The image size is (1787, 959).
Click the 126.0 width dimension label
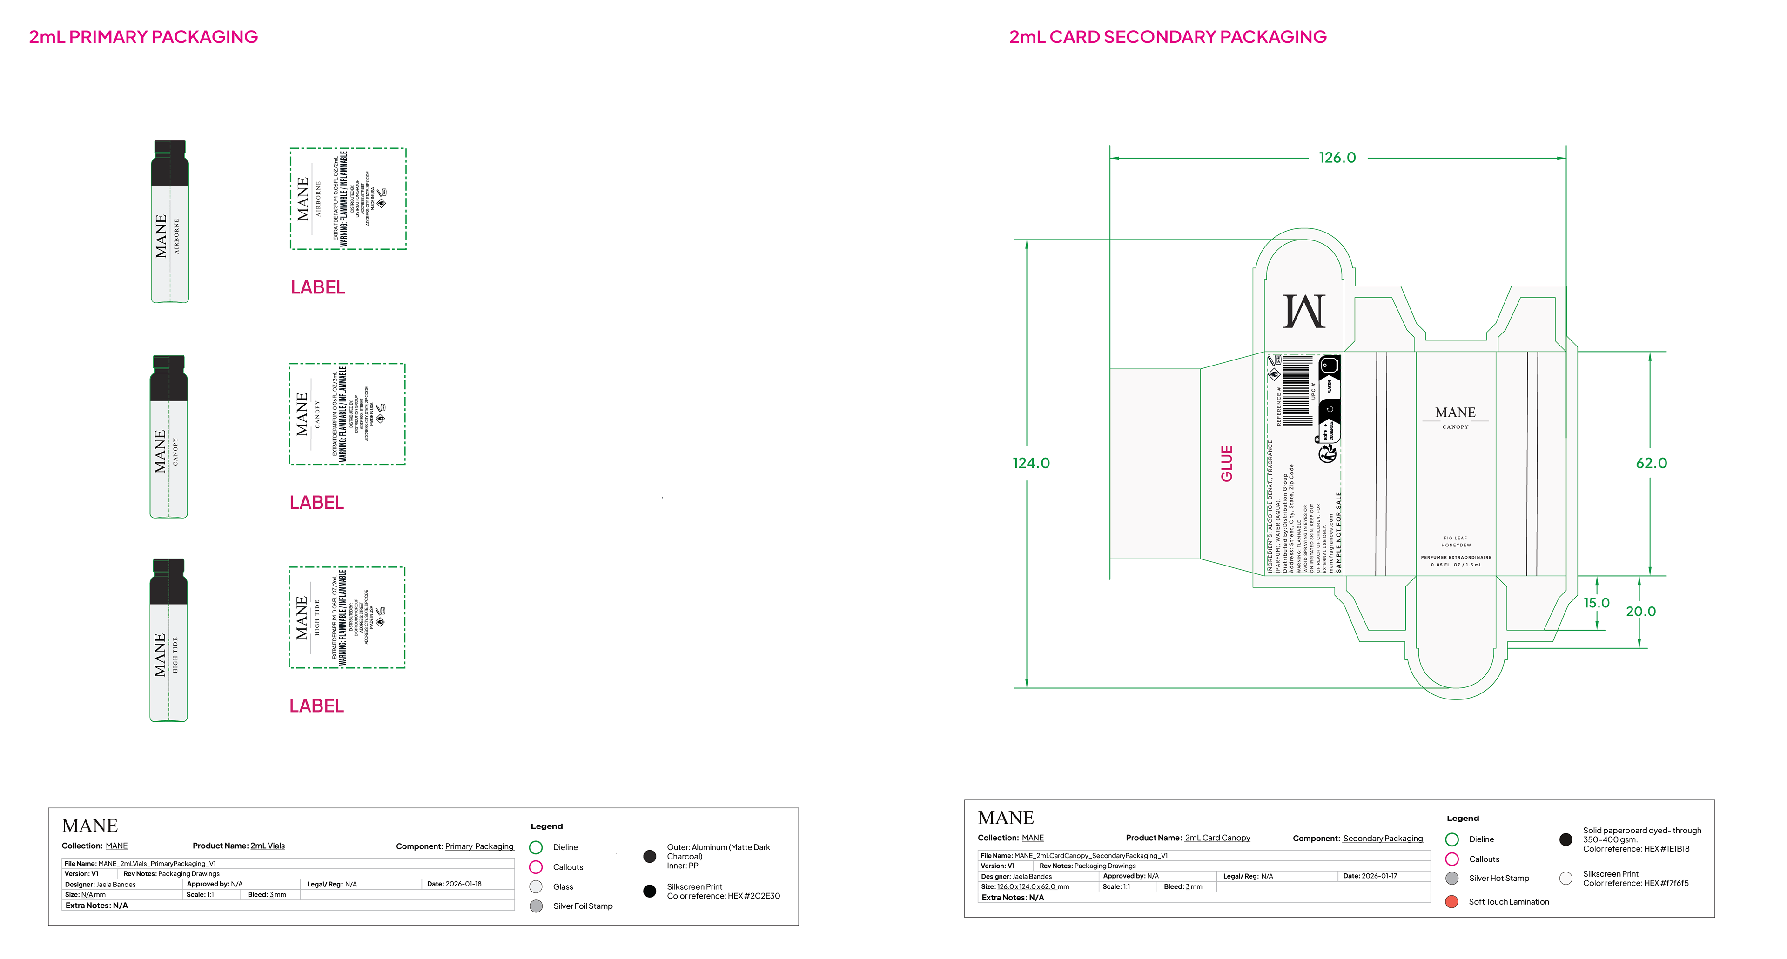point(1337,157)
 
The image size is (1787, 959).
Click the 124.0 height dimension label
point(1031,463)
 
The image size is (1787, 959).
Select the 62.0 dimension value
point(1651,463)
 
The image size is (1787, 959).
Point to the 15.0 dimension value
point(1596,603)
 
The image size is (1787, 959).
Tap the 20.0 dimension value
point(1640,612)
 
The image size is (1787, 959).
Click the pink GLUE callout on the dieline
point(1227,463)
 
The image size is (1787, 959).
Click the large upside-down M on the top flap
point(1304,311)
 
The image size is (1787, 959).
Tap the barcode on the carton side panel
point(1297,390)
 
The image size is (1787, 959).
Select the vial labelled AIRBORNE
point(170,222)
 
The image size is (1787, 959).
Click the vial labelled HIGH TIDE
point(168,640)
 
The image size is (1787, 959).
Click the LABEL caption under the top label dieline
point(318,287)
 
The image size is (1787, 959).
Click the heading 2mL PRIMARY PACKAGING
point(143,37)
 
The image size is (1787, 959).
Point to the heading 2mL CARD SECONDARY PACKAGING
point(1168,37)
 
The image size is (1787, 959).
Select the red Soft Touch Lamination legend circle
point(1451,901)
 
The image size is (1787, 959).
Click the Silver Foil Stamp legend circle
point(536,906)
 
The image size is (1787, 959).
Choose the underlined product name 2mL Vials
point(268,846)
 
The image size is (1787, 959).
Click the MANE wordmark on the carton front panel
point(1455,413)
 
